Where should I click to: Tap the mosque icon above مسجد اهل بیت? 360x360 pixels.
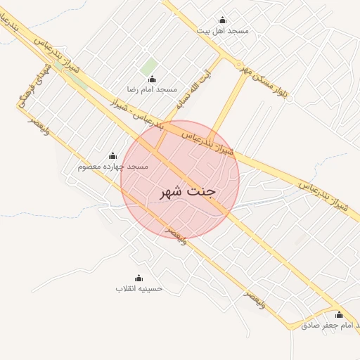click(223, 20)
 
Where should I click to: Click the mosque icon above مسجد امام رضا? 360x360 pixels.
click(151, 79)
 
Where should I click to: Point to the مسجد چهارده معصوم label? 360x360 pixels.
click(112, 166)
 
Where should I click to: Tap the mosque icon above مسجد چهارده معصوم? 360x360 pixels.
click(112, 155)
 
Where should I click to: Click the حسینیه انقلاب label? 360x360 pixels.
click(139, 288)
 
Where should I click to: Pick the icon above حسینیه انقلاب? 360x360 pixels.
click(139, 278)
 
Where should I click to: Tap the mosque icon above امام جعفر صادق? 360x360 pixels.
click(339, 315)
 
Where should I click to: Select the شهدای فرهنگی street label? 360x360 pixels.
click(29, 92)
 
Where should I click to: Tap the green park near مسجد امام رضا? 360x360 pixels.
click(148, 67)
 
